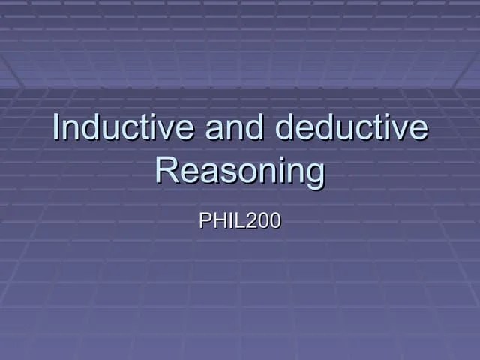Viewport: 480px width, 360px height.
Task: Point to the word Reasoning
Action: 240,172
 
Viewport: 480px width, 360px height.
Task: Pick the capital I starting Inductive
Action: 57,128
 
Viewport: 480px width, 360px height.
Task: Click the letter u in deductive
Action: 334,130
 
